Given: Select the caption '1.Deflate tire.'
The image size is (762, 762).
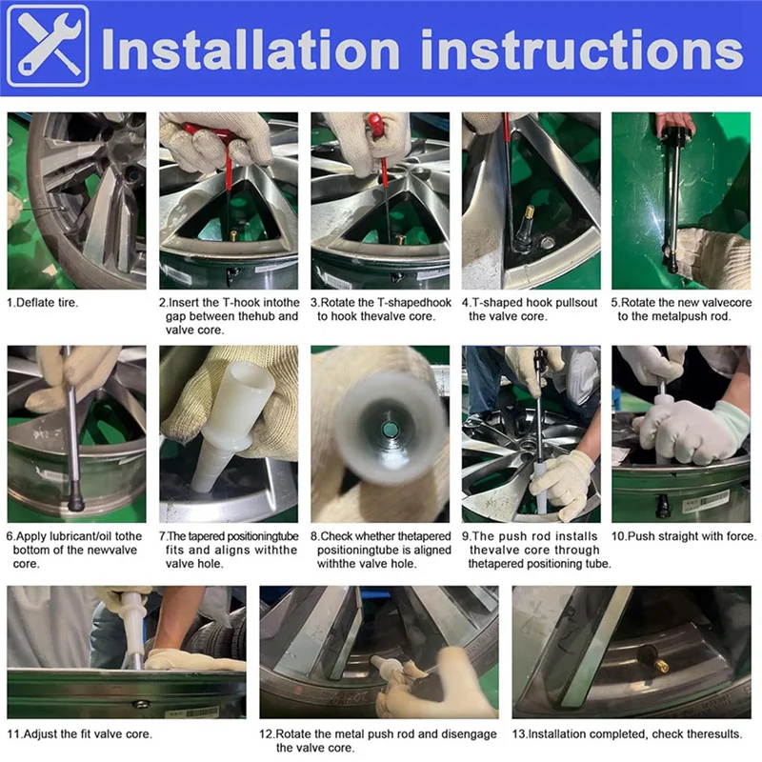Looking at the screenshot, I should click(43, 302).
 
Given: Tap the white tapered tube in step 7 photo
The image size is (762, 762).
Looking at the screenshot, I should click(230, 418).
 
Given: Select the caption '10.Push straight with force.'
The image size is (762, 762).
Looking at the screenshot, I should click(684, 537).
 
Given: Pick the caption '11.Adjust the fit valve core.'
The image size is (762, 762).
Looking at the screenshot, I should click(79, 733).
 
